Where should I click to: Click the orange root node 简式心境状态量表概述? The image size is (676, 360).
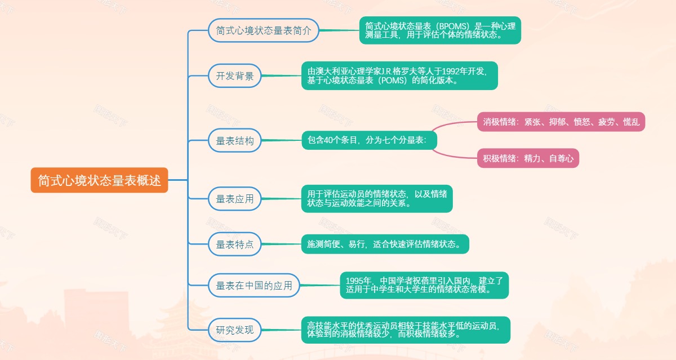tap(99, 181)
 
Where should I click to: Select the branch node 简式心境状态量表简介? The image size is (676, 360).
tap(264, 30)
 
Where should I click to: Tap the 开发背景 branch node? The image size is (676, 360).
tap(235, 76)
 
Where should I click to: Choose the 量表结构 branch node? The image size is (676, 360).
tap(235, 141)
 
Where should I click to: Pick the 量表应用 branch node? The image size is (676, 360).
tap(235, 198)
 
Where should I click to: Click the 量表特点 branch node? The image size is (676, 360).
tap(235, 244)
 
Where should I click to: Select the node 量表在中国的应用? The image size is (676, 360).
tap(254, 286)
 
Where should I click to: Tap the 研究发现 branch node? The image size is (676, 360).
tap(235, 330)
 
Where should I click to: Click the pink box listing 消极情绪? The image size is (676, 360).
tap(561, 122)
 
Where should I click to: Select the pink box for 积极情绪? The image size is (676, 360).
tap(528, 158)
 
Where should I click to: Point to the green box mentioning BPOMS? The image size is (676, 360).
tap(440, 30)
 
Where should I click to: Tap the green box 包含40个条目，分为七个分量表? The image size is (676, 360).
tap(369, 140)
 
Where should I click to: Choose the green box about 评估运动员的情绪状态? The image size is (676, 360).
tap(376, 198)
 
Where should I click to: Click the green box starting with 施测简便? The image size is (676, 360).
tap(385, 244)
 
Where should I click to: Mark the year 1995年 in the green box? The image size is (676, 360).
tap(359, 281)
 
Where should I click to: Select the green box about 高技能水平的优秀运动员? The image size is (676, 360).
tap(405, 330)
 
